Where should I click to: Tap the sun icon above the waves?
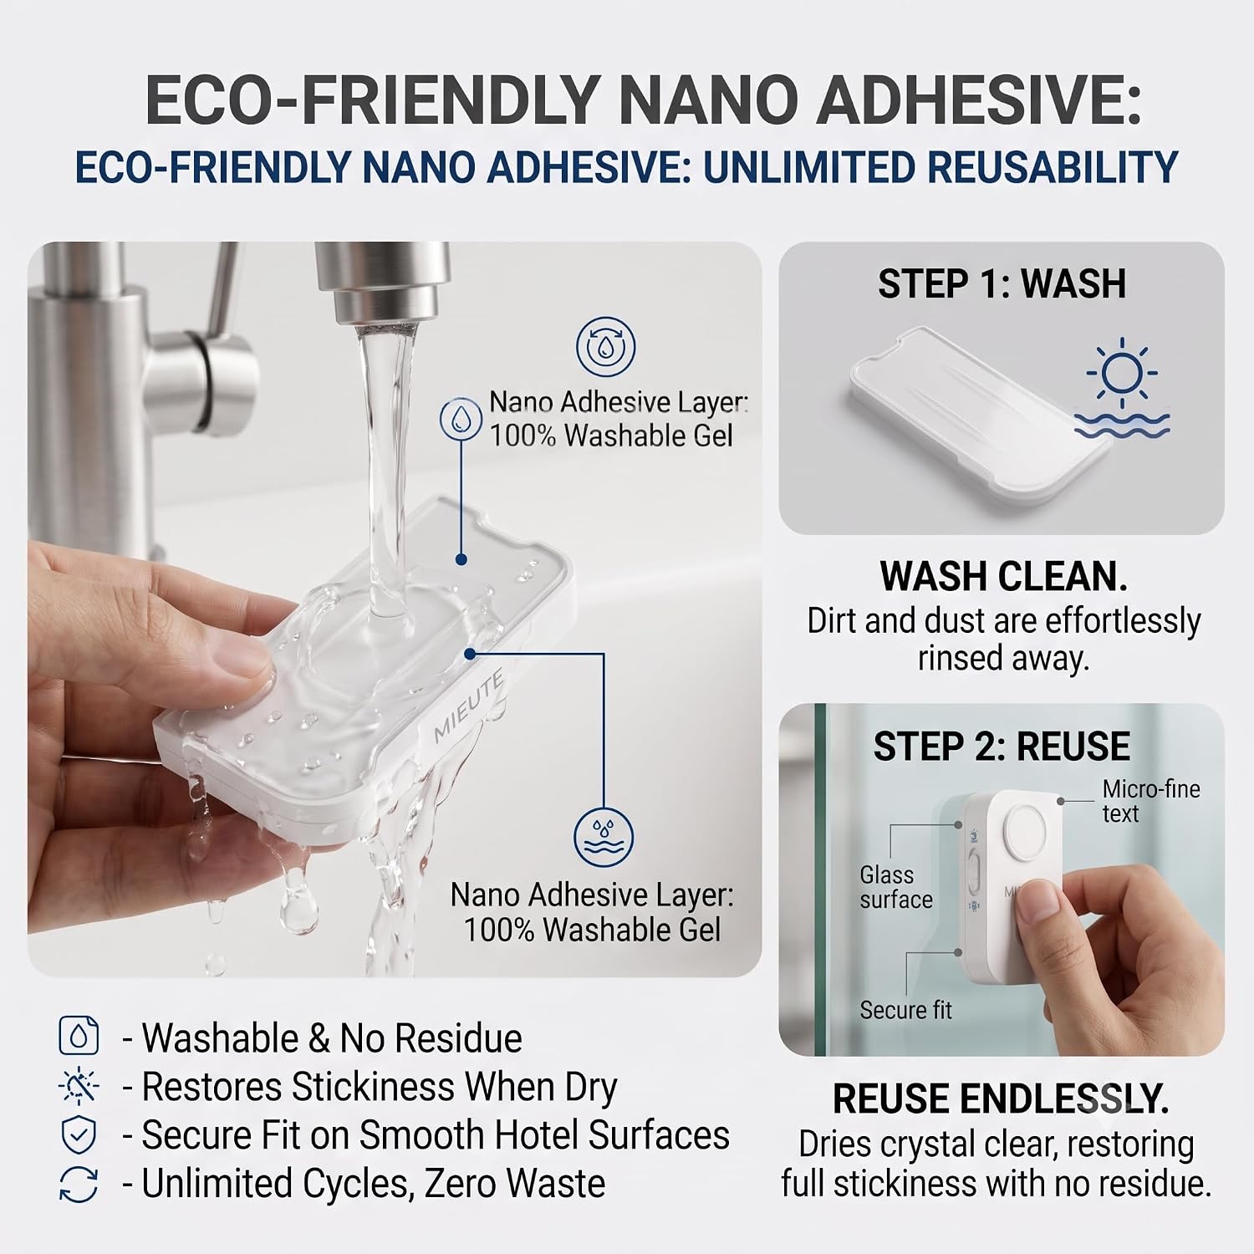click(x=1122, y=373)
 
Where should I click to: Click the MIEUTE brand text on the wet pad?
click(x=468, y=708)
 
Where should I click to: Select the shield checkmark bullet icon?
click(x=79, y=1135)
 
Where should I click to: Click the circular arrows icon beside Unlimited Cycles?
click(x=79, y=1185)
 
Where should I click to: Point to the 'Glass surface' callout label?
click(x=896, y=887)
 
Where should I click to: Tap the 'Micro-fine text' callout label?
click(x=1151, y=801)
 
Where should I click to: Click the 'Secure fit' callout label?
click(x=905, y=1010)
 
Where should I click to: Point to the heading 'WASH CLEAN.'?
click(x=1003, y=576)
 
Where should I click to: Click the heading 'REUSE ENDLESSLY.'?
click(x=1001, y=1099)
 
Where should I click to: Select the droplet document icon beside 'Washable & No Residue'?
click(x=79, y=1037)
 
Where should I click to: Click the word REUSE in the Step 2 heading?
click(x=1073, y=747)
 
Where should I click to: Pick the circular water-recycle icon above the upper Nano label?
click(x=606, y=346)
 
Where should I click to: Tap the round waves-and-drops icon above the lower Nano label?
click(x=604, y=838)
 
